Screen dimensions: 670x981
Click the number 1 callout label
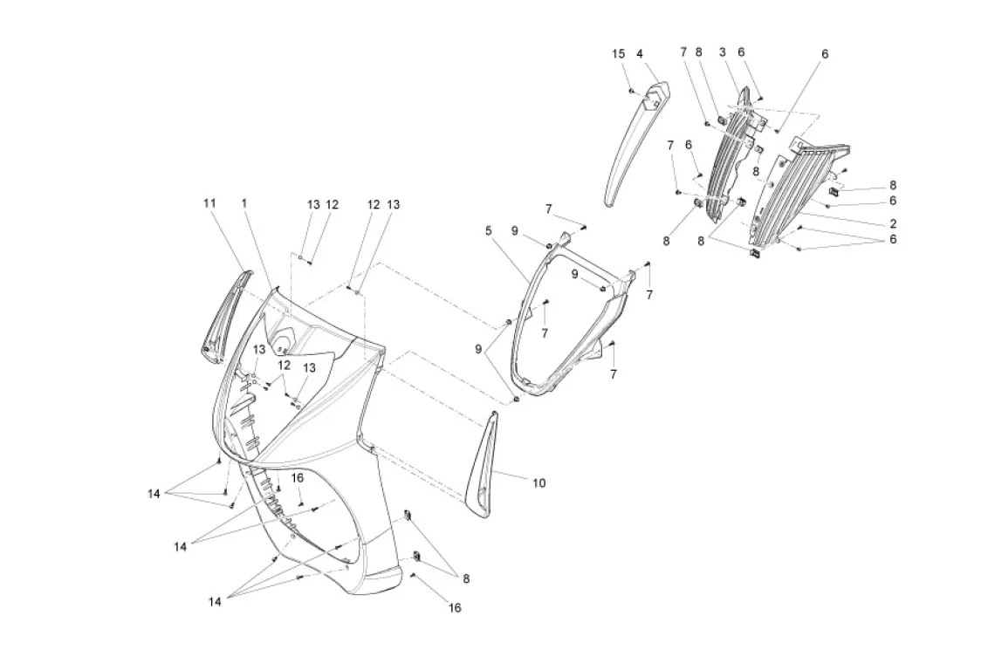click(244, 202)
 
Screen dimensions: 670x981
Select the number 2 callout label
click(893, 223)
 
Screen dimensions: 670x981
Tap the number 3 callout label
click(723, 53)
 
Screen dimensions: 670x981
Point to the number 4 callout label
click(640, 54)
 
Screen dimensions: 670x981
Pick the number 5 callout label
click(489, 230)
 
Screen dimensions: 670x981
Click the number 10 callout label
click(539, 482)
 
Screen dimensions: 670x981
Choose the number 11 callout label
click(209, 202)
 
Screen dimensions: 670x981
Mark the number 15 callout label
click(618, 54)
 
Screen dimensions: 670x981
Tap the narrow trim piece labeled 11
click(223, 314)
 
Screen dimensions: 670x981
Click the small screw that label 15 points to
click(630, 89)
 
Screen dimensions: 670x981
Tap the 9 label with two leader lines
click(479, 349)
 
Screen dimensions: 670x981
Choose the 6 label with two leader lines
click(893, 238)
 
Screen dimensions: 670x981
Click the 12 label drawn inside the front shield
click(284, 365)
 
